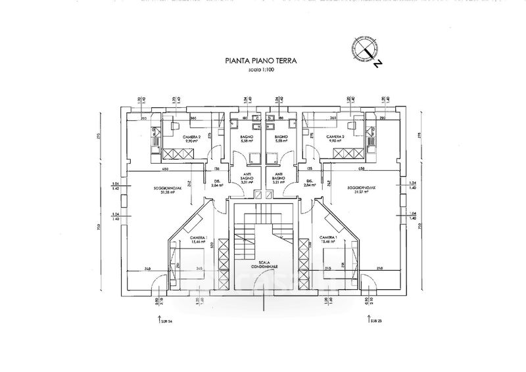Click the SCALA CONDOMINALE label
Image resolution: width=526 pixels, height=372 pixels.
pos(268,264)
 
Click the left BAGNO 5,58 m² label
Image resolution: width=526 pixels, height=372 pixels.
pos(247,139)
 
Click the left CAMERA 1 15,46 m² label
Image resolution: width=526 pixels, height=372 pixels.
pos(197,239)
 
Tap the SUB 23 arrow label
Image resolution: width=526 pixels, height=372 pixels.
pos(372,321)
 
